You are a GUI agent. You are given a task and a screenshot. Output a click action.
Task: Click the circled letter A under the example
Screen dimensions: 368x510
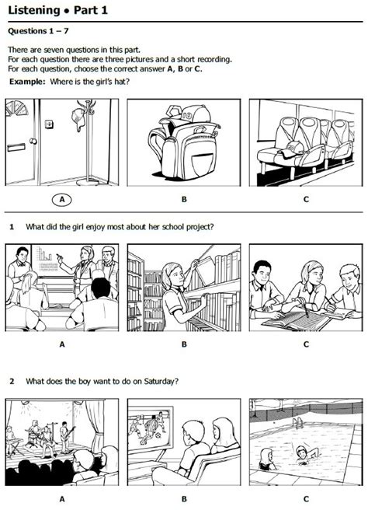(61, 199)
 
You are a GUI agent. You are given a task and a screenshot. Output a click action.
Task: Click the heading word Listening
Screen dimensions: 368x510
(34, 10)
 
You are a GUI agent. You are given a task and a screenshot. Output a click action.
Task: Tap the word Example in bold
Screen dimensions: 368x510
(27, 82)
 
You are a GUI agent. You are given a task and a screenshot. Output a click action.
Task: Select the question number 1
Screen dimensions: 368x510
(12, 227)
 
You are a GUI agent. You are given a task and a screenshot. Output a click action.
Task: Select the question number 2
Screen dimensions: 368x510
(12, 381)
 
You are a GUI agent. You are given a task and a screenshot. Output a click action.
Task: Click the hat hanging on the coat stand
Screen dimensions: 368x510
(78, 117)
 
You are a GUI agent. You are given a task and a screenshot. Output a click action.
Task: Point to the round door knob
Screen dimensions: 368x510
(33, 141)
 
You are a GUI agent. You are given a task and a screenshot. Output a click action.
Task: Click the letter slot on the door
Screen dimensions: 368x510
(16, 148)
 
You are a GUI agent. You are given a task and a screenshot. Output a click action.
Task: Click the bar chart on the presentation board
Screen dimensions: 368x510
(44, 254)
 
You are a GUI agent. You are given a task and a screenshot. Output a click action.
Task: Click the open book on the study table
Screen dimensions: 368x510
(297, 321)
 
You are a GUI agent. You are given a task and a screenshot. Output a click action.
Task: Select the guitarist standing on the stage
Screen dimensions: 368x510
(64, 436)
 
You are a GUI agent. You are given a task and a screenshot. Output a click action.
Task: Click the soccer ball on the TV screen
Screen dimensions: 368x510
(158, 435)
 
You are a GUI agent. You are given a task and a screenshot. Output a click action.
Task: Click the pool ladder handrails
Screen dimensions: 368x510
(298, 422)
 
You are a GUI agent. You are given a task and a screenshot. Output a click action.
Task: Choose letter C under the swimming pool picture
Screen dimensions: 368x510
(306, 498)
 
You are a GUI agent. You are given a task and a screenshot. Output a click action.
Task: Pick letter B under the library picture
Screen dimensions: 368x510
(184, 344)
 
